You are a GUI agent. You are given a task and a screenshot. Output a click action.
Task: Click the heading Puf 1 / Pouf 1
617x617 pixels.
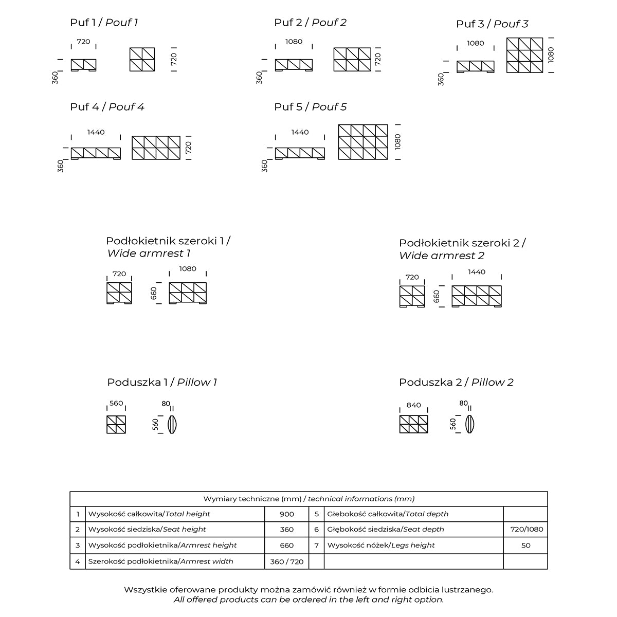click(104, 23)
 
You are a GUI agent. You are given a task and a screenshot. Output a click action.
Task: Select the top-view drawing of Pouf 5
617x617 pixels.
click(363, 142)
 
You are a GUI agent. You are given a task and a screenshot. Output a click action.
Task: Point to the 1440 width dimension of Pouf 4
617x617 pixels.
click(96, 132)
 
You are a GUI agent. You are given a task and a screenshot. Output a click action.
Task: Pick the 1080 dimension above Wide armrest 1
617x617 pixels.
click(188, 269)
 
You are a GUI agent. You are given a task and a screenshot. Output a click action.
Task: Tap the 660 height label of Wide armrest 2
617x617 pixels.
click(437, 296)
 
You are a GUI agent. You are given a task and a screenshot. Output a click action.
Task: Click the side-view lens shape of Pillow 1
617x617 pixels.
click(173, 425)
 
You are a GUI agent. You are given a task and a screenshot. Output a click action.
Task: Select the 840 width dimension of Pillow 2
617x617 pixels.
click(413, 405)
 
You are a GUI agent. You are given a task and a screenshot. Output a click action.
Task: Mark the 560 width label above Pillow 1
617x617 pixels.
click(116, 403)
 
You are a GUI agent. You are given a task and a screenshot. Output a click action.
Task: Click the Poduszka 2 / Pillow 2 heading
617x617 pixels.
click(456, 382)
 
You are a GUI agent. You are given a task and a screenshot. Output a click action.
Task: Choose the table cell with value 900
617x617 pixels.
click(287, 514)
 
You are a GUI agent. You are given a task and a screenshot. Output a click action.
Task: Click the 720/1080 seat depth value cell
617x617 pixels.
click(525, 529)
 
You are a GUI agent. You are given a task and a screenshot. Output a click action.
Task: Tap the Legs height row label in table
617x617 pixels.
click(380, 545)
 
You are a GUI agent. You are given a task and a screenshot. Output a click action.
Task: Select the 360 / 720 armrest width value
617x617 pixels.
click(287, 561)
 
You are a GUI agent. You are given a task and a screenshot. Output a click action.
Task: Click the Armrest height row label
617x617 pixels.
click(162, 545)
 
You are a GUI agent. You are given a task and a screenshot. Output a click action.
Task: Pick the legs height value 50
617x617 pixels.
click(525, 545)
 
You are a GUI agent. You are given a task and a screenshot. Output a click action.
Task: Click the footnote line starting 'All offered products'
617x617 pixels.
click(308, 600)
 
